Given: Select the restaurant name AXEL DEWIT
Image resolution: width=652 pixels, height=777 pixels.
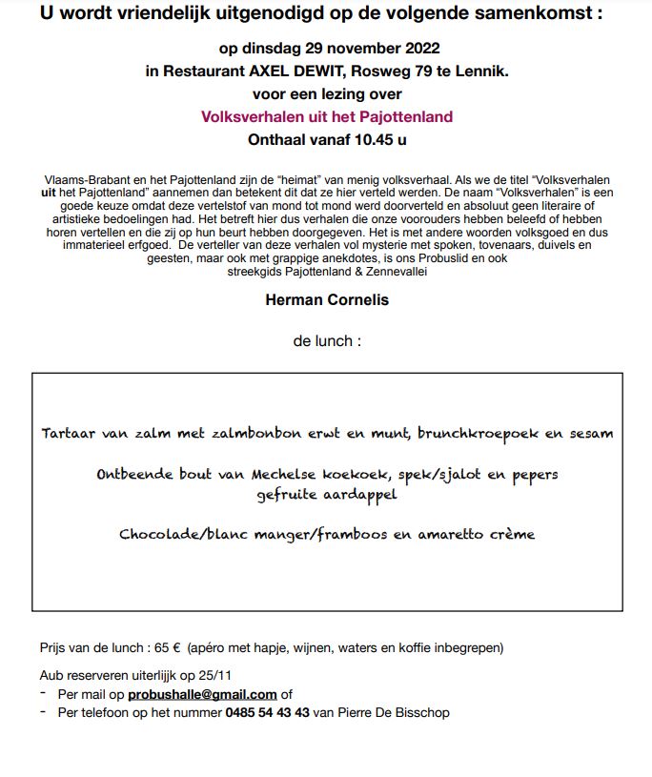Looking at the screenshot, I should coord(278,71).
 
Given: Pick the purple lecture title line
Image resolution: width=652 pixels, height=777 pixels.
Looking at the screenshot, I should coord(326,117).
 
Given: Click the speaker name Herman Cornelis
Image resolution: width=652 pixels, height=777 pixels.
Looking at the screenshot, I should coord(326,299).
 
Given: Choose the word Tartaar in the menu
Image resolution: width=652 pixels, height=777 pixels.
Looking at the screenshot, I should coord(70,434).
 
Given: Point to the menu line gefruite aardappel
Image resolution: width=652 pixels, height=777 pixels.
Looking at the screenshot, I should coord(326,495).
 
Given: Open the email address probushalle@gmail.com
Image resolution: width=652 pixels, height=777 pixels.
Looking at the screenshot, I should coord(202,694).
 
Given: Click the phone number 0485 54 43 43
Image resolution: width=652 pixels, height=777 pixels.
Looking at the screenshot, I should coord(267,712).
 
